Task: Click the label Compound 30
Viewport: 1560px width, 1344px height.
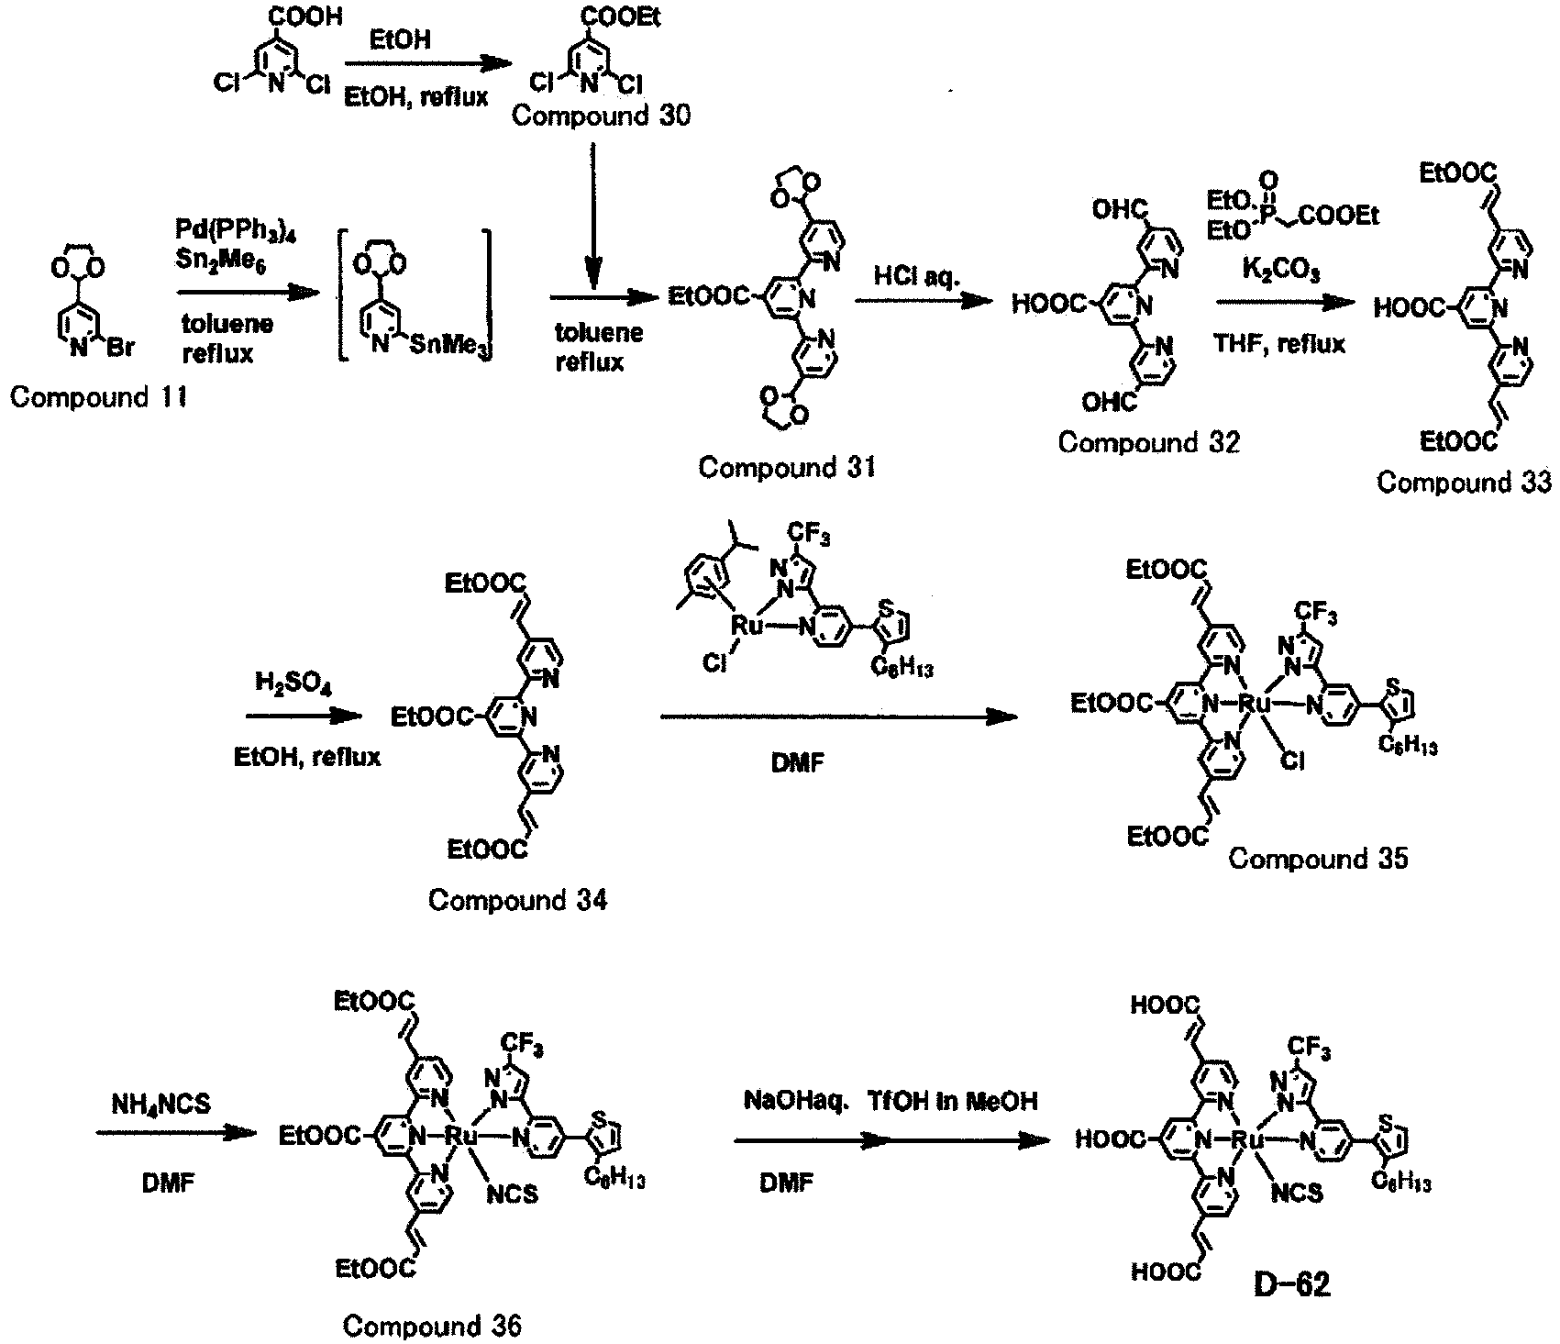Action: tap(602, 117)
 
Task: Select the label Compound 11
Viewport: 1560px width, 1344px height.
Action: tap(98, 397)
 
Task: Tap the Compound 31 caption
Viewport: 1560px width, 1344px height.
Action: tap(788, 467)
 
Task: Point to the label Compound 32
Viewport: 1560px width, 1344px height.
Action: tap(1149, 442)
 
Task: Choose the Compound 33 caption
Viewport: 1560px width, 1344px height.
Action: tap(1465, 482)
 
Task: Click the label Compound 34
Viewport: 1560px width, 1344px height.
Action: tap(518, 900)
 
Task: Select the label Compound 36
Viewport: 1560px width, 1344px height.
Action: tap(432, 1326)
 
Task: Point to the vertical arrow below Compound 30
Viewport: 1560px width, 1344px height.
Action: tap(594, 212)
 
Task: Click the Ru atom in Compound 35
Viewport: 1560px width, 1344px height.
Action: tap(1252, 704)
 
